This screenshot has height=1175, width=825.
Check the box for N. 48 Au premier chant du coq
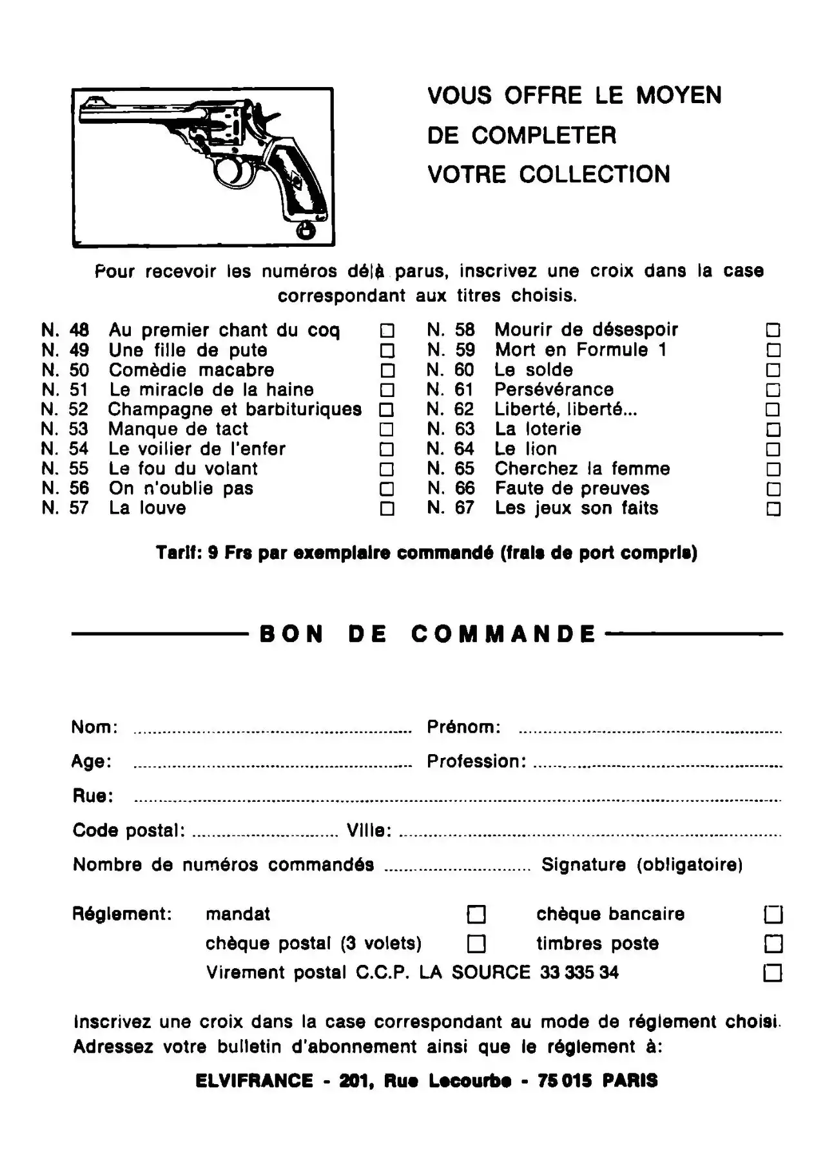[x=387, y=331]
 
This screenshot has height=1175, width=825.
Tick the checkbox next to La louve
[x=387, y=509]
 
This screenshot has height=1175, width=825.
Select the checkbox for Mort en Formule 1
[x=773, y=350]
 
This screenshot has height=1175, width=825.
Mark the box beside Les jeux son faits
[x=773, y=509]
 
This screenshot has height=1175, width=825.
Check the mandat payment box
[x=476, y=914]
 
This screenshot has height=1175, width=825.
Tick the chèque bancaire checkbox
[x=773, y=914]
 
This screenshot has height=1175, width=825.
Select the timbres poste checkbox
[x=773, y=944]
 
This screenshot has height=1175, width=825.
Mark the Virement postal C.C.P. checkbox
[x=773, y=972]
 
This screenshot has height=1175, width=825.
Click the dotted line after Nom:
[x=272, y=731]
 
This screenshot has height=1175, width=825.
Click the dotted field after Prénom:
[x=650, y=731]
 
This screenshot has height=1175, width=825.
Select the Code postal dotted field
[x=265, y=834]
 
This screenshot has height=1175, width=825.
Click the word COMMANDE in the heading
[x=503, y=634]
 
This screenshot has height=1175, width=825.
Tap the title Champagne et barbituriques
[x=235, y=409]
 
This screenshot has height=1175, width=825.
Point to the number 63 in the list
[x=464, y=429]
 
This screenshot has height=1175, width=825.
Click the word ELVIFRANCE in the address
[x=254, y=1081]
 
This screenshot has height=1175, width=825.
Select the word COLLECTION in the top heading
[x=594, y=175]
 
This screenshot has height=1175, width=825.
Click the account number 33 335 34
[x=579, y=972]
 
